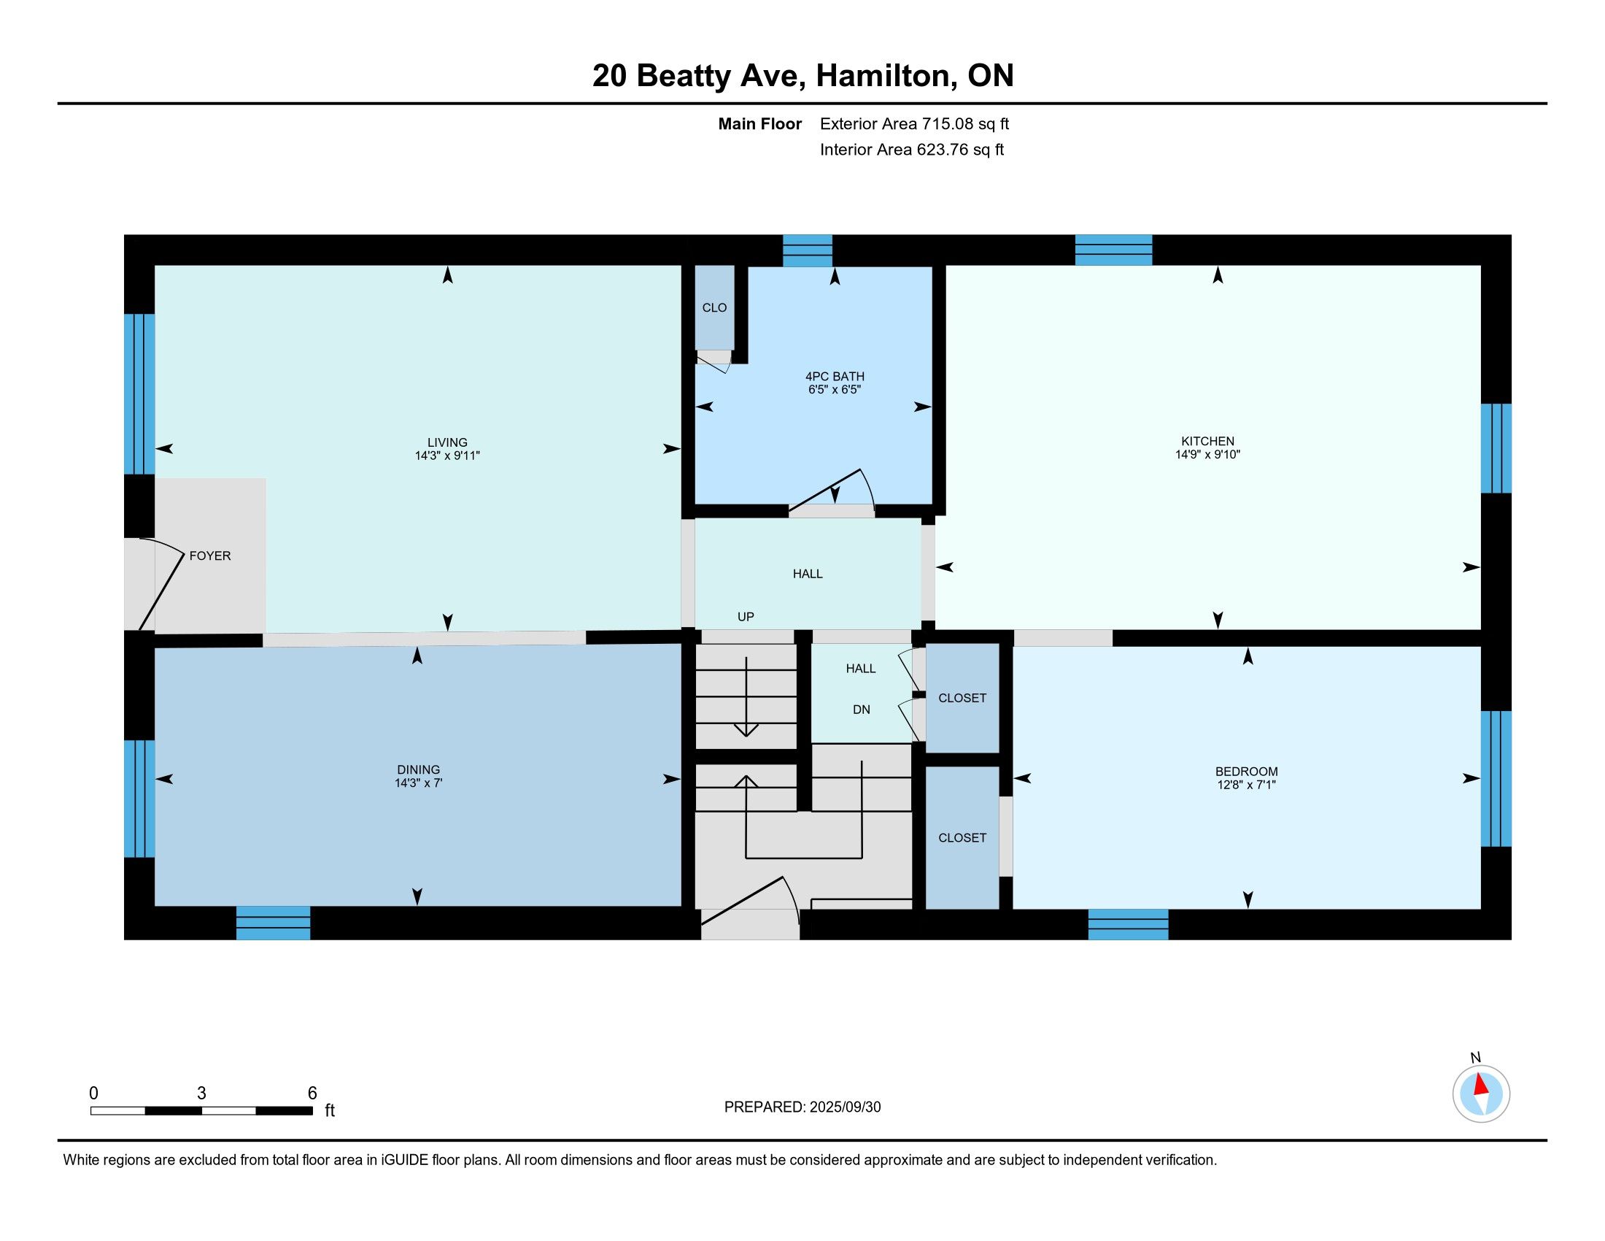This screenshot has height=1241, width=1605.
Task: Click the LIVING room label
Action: click(x=446, y=442)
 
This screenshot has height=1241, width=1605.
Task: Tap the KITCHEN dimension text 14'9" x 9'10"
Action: click(x=1207, y=454)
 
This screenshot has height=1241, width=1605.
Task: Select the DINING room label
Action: click(x=418, y=769)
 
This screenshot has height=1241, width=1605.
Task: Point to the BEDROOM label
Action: click(x=1246, y=771)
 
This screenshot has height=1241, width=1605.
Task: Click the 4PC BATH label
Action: click(x=835, y=377)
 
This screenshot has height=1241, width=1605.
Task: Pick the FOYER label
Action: click(x=210, y=556)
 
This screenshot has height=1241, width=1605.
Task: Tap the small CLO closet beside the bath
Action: click(x=714, y=307)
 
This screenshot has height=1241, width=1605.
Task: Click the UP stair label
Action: click(x=746, y=617)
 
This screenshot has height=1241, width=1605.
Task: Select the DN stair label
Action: click(x=862, y=710)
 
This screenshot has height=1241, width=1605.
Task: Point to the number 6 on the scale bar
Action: click(x=312, y=1093)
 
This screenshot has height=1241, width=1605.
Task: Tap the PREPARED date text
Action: click(x=802, y=1107)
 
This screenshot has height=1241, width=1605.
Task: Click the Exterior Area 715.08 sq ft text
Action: click(x=914, y=124)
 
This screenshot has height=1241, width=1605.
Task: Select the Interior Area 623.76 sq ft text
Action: click(x=911, y=150)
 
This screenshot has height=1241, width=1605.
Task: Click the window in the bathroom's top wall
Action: click(x=807, y=250)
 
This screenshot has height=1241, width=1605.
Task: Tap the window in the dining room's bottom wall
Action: click(x=274, y=923)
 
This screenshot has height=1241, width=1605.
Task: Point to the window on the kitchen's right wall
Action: click(x=1496, y=447)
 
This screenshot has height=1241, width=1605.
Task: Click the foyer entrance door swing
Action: click(x=161, y=585)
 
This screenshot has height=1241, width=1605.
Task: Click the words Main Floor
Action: click(x=760, y=124)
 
